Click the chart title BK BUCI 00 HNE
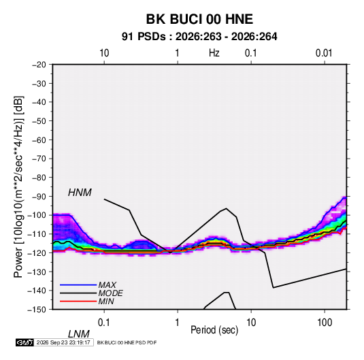199,19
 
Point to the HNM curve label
80,193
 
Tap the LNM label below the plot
78,334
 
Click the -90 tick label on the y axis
39,196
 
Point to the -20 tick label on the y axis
39,65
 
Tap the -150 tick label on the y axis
37,310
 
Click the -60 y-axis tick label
39,140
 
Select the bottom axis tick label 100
325,323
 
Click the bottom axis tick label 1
178,323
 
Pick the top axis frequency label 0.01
324,53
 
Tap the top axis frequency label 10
104,53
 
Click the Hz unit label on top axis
214,53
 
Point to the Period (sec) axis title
214,330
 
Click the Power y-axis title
18,186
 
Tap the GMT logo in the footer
25,342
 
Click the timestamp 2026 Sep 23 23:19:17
63,342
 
